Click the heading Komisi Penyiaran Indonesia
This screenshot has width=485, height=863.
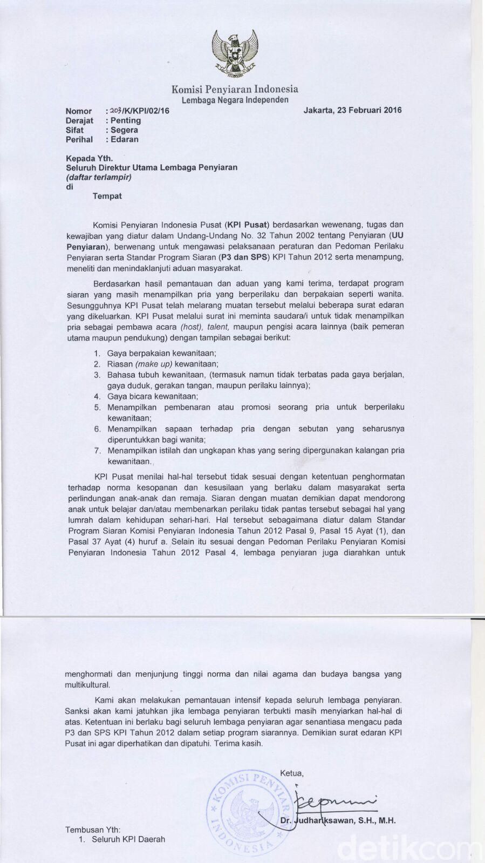235,89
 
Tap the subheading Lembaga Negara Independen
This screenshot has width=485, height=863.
235,100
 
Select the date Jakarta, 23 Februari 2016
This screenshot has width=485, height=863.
352,111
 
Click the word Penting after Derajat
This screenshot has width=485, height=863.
125,120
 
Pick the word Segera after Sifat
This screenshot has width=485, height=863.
124,130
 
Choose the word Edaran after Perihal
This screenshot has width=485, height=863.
124,139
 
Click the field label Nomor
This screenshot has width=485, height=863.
79,111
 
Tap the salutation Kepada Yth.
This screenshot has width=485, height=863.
89,158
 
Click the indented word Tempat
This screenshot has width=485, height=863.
107,196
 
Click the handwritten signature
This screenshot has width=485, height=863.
318,803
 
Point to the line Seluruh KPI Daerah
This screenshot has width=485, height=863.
128,839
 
